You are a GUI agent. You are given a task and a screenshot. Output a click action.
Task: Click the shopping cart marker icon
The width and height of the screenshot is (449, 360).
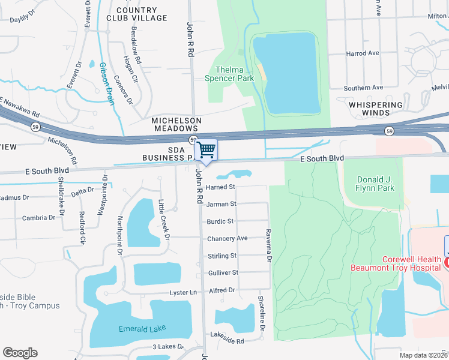206,149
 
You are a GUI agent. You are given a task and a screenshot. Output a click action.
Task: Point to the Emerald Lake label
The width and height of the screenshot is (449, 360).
142,329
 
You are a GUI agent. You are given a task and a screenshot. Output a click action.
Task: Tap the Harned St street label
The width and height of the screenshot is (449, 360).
220,187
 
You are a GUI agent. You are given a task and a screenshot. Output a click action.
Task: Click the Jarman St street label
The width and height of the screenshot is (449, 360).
221,204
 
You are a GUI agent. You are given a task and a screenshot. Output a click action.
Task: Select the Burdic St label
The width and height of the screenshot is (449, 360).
220,221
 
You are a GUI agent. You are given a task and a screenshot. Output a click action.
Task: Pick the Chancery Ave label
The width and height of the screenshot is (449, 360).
227,238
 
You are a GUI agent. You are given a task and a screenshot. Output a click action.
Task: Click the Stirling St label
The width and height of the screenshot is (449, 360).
221,256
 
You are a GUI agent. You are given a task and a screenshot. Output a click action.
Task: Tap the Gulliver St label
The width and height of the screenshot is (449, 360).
223,272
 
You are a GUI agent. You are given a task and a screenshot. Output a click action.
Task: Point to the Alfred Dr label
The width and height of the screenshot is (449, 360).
222,290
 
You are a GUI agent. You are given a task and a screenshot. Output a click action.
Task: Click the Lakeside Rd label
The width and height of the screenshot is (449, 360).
227,341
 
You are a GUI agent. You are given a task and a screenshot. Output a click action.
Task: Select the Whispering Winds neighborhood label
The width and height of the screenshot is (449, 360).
376,109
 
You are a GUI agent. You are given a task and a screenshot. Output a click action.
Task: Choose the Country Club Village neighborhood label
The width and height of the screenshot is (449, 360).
142,14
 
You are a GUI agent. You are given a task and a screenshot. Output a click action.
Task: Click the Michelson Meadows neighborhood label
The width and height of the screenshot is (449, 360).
175,124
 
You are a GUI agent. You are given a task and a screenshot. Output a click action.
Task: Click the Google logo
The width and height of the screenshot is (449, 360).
20,353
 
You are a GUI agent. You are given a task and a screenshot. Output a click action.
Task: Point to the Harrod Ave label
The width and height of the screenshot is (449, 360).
363,53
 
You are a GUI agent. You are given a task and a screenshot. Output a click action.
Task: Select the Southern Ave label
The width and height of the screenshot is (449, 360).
363,88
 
